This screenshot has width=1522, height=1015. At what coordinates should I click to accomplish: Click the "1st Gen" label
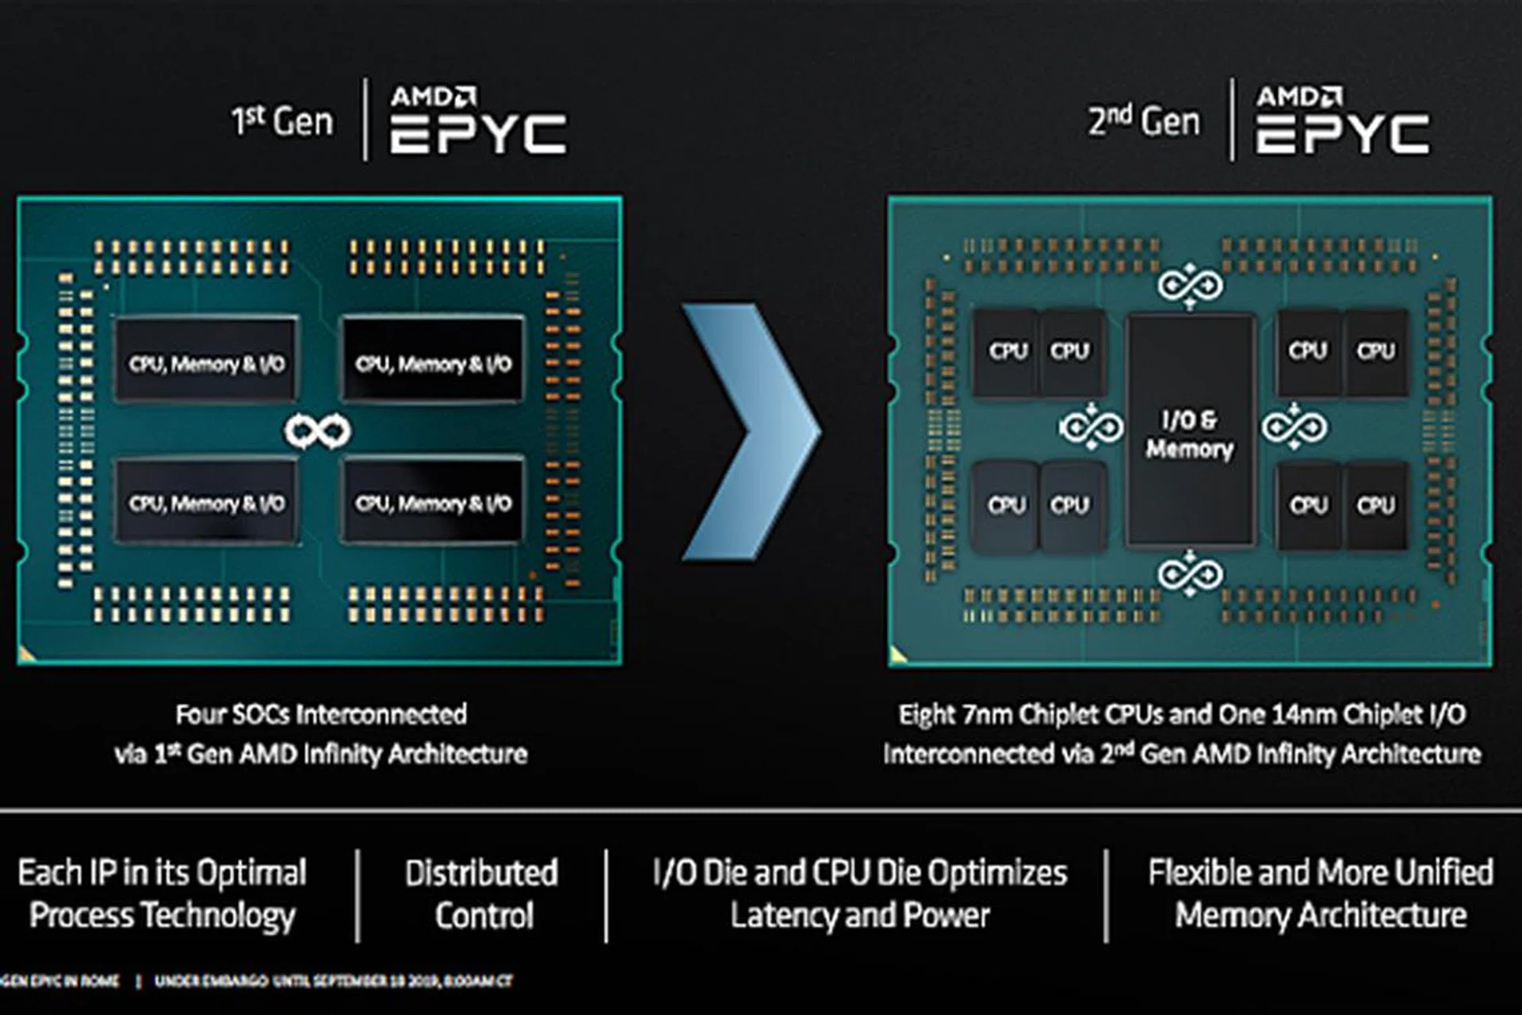coord(282,121)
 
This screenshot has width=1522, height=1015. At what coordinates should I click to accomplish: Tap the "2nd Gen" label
coord(1144,121)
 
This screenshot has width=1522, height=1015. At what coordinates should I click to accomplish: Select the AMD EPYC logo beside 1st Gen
coord(478,121)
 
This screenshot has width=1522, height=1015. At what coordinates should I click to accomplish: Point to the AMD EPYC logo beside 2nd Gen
coord(1343,121)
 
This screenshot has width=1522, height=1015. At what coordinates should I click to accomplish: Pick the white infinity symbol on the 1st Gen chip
coord(317,431)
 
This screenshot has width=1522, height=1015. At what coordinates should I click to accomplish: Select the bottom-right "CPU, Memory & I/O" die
coord(433,502)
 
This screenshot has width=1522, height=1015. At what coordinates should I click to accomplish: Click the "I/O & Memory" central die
coord(1190,432)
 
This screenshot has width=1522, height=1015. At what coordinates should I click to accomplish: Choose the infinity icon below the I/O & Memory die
coord(1190,573)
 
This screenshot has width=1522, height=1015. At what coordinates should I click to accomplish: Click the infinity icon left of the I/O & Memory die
coord(1091,427)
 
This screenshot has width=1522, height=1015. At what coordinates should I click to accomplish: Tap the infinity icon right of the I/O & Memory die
coord(1294,427)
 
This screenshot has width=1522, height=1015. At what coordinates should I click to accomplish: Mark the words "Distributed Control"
coord(482,894)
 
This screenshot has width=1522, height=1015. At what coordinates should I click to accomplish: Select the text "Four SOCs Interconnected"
coord(321,714)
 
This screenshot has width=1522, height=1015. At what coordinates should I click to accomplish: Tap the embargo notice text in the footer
coord(333,982)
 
